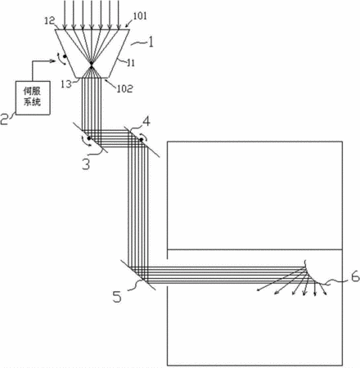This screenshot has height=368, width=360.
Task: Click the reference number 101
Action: pyautogui.click(x=140, y=16)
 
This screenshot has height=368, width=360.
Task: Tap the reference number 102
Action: pyautogui.click(x=124, y=88)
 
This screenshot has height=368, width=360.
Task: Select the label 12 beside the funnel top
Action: pyautogui.click(x=50, y=20)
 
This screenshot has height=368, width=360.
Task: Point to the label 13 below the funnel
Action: pyautogui.click(x=66, y=84)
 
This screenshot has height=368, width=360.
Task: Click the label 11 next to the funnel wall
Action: pyautogui.click(x=131, y=63)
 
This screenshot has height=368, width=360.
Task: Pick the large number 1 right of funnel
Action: pyautogui.click(x=150, y=43)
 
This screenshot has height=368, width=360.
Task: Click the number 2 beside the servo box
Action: pyautogui.click(x=5, y=119)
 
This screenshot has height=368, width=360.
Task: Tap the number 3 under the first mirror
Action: pyautogui.click(x=86, y=164)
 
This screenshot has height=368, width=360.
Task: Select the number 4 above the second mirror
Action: pyautogui.click(x=146, y=122)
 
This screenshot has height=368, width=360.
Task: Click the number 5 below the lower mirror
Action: pyautogui.click(x=117, y=297)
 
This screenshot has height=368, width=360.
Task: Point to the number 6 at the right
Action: pyautogui.click(x=355, y=277)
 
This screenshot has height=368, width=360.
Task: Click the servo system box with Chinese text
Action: pyautogui.click(x=33, y=98)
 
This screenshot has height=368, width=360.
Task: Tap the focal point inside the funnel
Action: pyautogui.click(x=92, y=63)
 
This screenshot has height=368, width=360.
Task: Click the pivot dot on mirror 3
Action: pyautogui.click(x=89, y=138)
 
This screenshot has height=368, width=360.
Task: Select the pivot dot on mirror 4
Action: pyautogui.click(x=142, y=140)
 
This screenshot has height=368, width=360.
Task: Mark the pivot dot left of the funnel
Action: pyautogui.click(x=65, y=56)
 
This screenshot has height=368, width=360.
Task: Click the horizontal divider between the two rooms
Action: pyautogui.click(x=254, y=249)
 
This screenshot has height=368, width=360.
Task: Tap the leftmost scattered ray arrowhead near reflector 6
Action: pyautogui.click(x=259, y=289)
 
